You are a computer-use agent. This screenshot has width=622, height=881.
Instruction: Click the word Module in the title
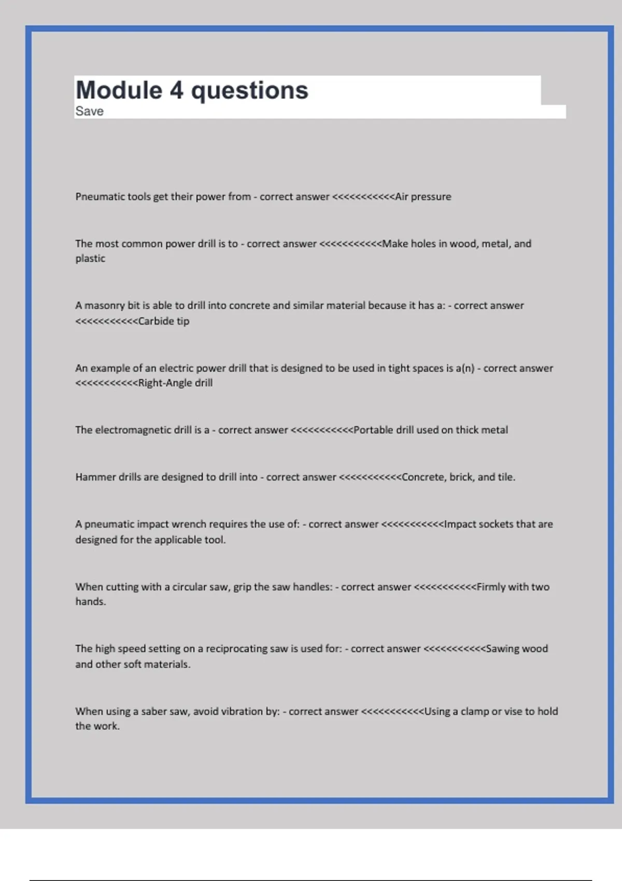tap(119, 90)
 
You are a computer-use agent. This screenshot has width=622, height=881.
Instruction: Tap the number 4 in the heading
tap(176, 90)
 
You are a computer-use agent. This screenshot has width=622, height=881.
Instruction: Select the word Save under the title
tap(89, 111)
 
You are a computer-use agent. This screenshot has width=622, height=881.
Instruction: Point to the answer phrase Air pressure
tap(423, 197)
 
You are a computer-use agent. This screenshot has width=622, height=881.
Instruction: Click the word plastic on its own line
tap(90, 259)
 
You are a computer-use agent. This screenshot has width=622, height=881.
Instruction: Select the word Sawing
tap(502, 649)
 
